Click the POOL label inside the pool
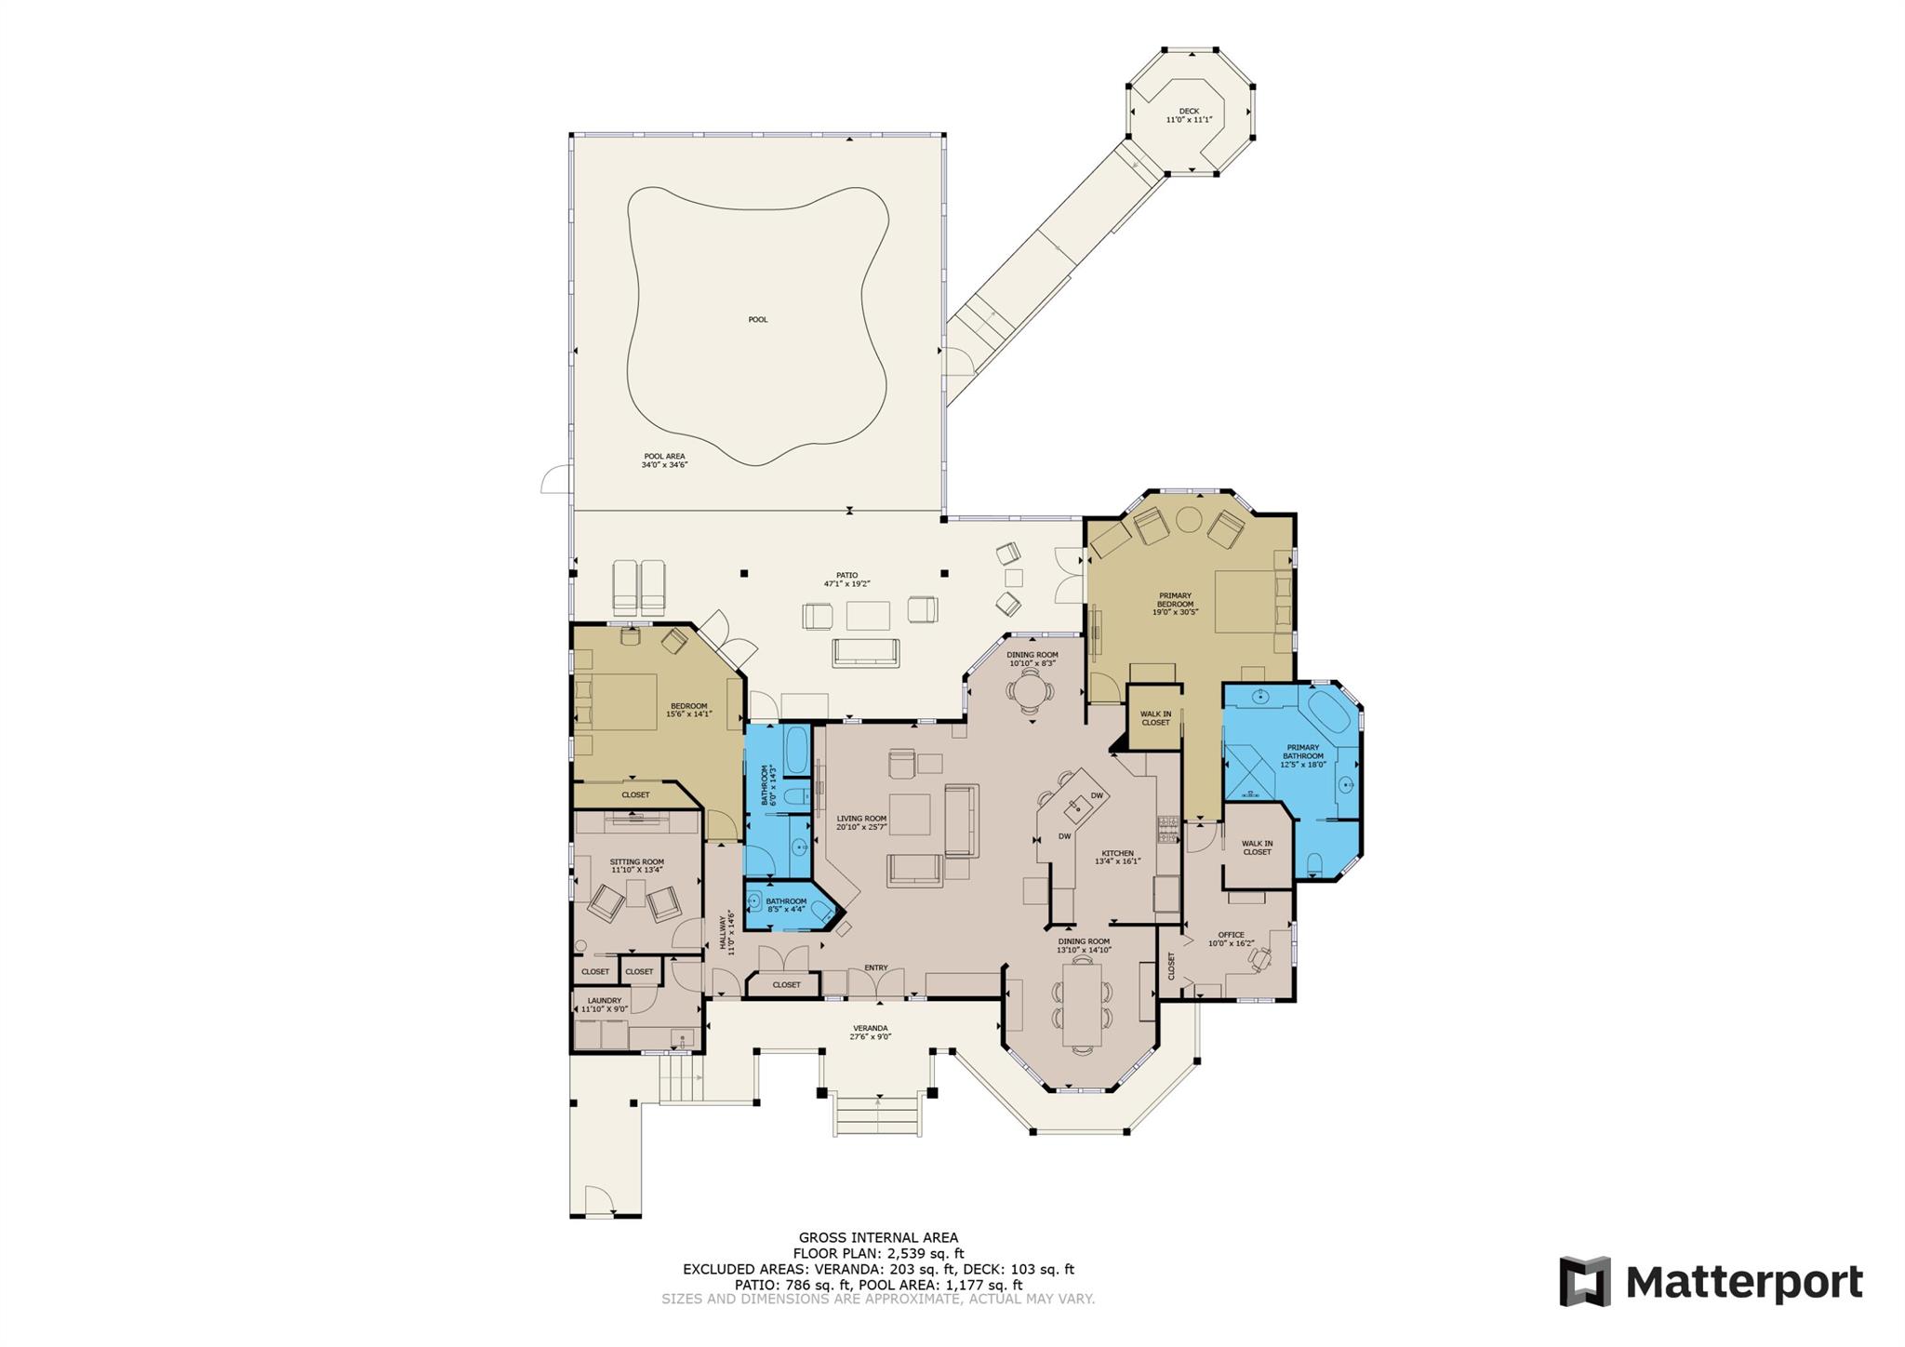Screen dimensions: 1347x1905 click(758, 319)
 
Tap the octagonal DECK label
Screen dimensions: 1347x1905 click(1189, 111)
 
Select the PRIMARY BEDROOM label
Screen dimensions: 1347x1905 click(1175, 599)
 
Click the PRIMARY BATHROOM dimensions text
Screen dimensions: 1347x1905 click(1302, 765)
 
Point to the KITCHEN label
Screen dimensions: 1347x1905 click(1117, 853)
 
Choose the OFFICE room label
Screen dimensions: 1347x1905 click(1231, 935)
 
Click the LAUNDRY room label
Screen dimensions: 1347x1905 click(604, 1000)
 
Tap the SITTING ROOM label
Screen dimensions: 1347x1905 click(637, 861)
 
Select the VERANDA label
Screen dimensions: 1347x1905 click(870, 1028)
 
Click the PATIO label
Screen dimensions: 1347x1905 click(846, 575)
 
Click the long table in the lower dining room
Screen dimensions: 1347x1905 click(1082, 1004)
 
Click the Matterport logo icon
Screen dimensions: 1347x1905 click(1584, 1282)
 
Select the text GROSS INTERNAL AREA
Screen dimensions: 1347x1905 click(878, 1237)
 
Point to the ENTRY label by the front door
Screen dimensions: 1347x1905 click(875, 967)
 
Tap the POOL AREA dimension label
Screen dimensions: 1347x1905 click(664, 460)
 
